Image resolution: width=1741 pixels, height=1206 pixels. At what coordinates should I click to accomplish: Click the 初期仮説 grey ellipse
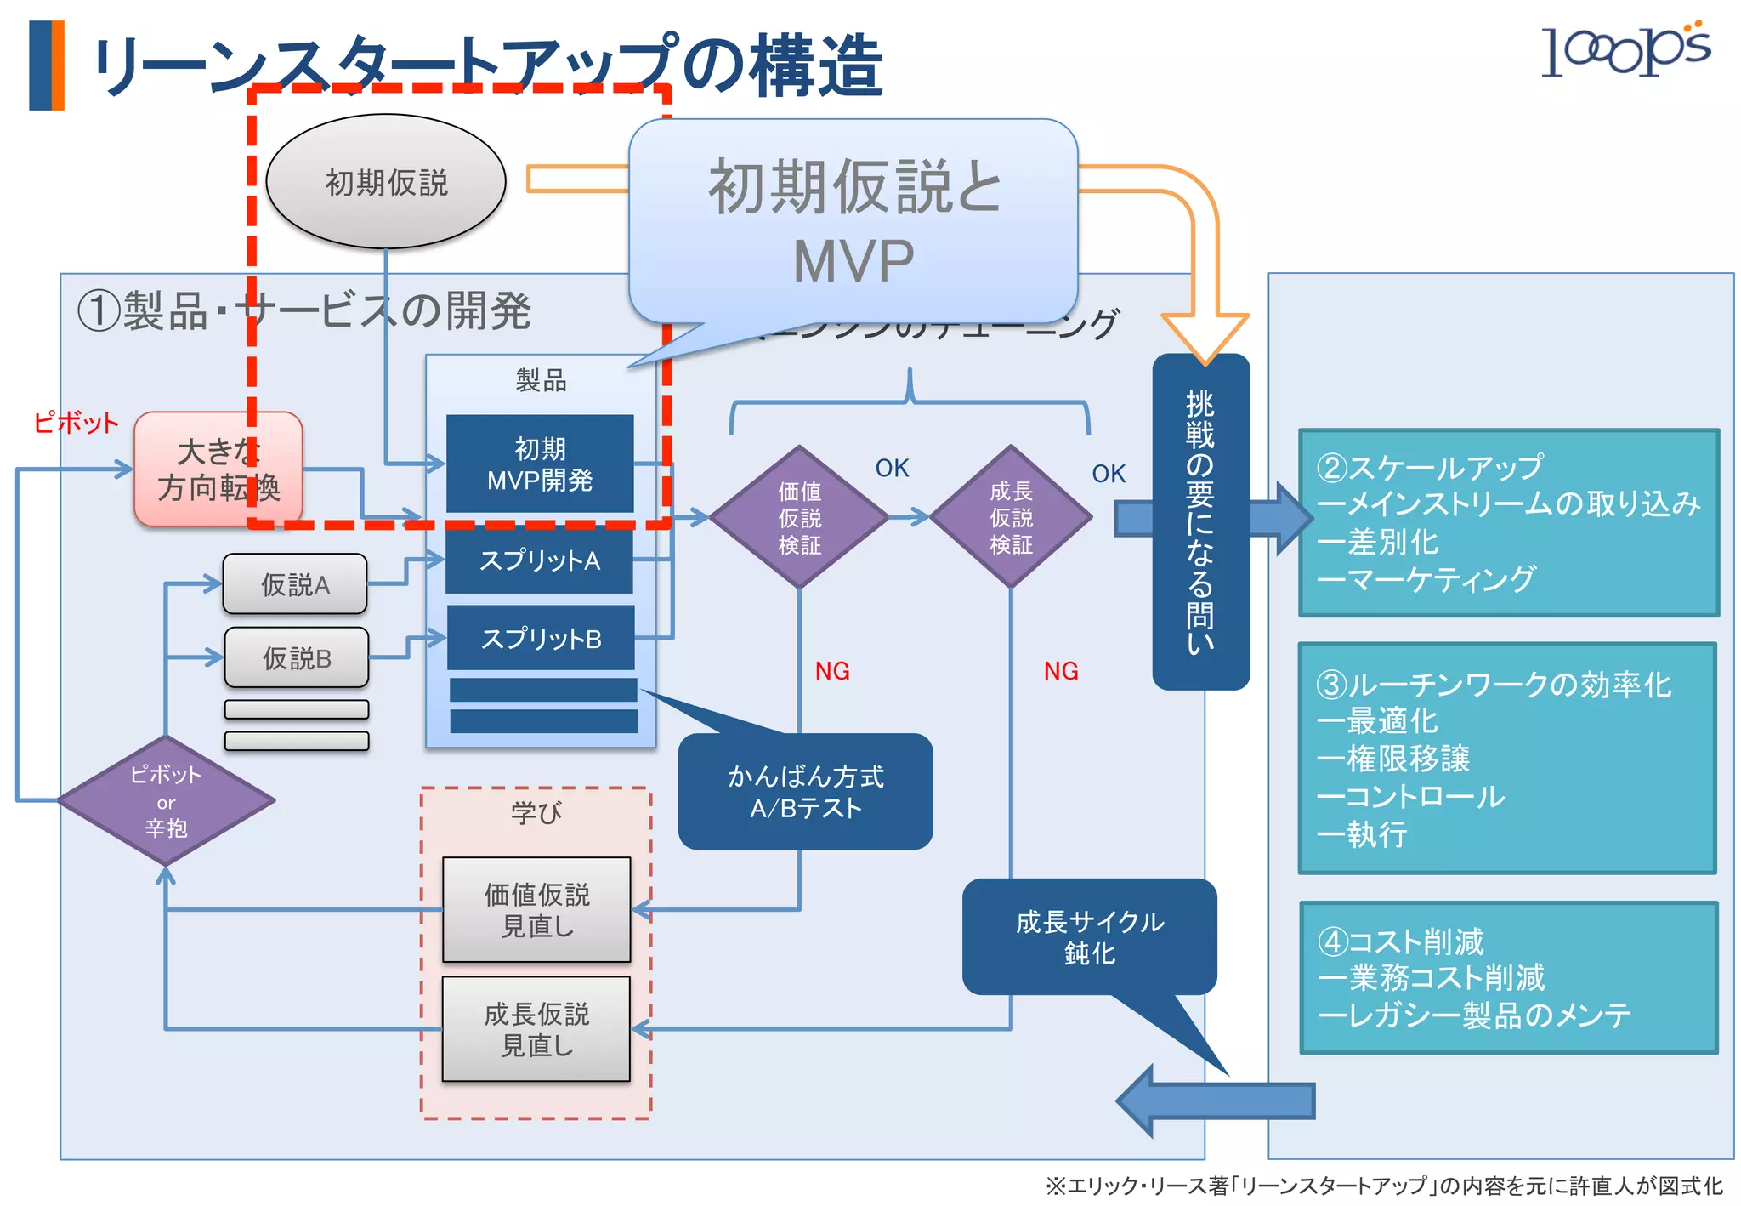(x=386, y=182)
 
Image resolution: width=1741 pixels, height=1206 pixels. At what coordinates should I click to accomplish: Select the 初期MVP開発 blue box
(x=540, y=464)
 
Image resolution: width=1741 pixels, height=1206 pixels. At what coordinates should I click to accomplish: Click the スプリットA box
(x=540, y=560)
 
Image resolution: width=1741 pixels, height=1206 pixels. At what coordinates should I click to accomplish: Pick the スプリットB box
(x=541, y=638)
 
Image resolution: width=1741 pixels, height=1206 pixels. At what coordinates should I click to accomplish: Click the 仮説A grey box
(x=295, y=584)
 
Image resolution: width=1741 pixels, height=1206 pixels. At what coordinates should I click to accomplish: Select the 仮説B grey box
(x=297, y=657)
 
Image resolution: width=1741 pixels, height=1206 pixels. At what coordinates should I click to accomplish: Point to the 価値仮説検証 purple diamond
(x=799, y=517)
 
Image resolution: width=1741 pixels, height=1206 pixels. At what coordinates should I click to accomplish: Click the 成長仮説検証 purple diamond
(x=1011, y=517)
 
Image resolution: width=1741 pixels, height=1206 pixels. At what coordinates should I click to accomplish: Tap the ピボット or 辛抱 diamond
(x=166, y=800)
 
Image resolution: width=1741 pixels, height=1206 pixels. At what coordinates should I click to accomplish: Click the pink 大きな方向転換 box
(x=218, y=469)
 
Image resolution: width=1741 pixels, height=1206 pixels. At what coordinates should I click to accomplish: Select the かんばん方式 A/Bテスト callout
(x=805, y=791)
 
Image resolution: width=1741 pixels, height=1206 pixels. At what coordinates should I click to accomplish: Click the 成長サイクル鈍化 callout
(x=1089, y=936)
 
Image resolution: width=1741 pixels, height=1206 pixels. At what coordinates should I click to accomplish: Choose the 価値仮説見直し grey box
(x=536, y=910)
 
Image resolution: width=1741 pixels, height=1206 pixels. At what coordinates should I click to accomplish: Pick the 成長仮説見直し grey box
(x=536, y=1029)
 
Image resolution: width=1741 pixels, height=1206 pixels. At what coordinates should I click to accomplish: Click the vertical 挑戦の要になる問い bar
(x=1200, y=521)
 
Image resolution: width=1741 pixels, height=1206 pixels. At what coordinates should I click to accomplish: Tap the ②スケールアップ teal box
(x=1508, y=523)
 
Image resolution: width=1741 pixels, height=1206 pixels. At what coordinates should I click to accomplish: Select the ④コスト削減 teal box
(x=1508, y=978)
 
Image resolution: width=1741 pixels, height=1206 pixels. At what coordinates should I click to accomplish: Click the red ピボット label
(x=76, y=423)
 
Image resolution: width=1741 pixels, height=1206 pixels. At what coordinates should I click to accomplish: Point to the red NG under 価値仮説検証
(x=832, y=671)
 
